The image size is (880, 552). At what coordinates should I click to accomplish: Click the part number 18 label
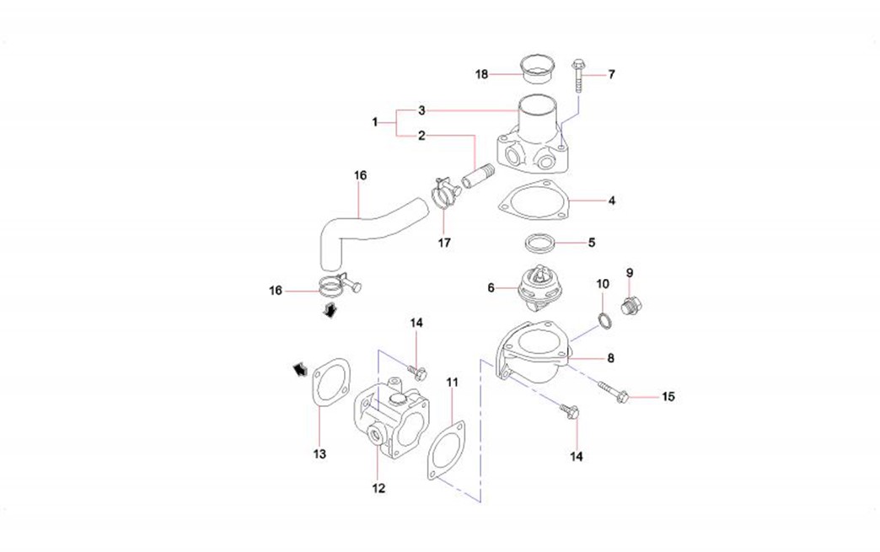[x=481, y=74]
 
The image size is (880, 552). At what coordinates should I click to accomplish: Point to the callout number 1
[x=375, y=123]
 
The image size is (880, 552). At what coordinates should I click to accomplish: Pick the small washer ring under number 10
[x=604, y=320]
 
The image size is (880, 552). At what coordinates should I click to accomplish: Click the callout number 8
[x=610, y=358]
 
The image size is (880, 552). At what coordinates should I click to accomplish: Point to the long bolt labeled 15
[x=614, y=389]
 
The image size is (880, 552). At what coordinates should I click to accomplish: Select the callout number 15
[x=668, y=396]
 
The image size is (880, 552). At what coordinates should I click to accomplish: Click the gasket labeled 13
[x=330, y=385]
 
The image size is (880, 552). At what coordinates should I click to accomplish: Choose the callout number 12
[x=378, y=486]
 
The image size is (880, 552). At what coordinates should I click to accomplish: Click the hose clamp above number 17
[x=443, y=193]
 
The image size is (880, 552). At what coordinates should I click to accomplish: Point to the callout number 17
[x=444, y=243]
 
